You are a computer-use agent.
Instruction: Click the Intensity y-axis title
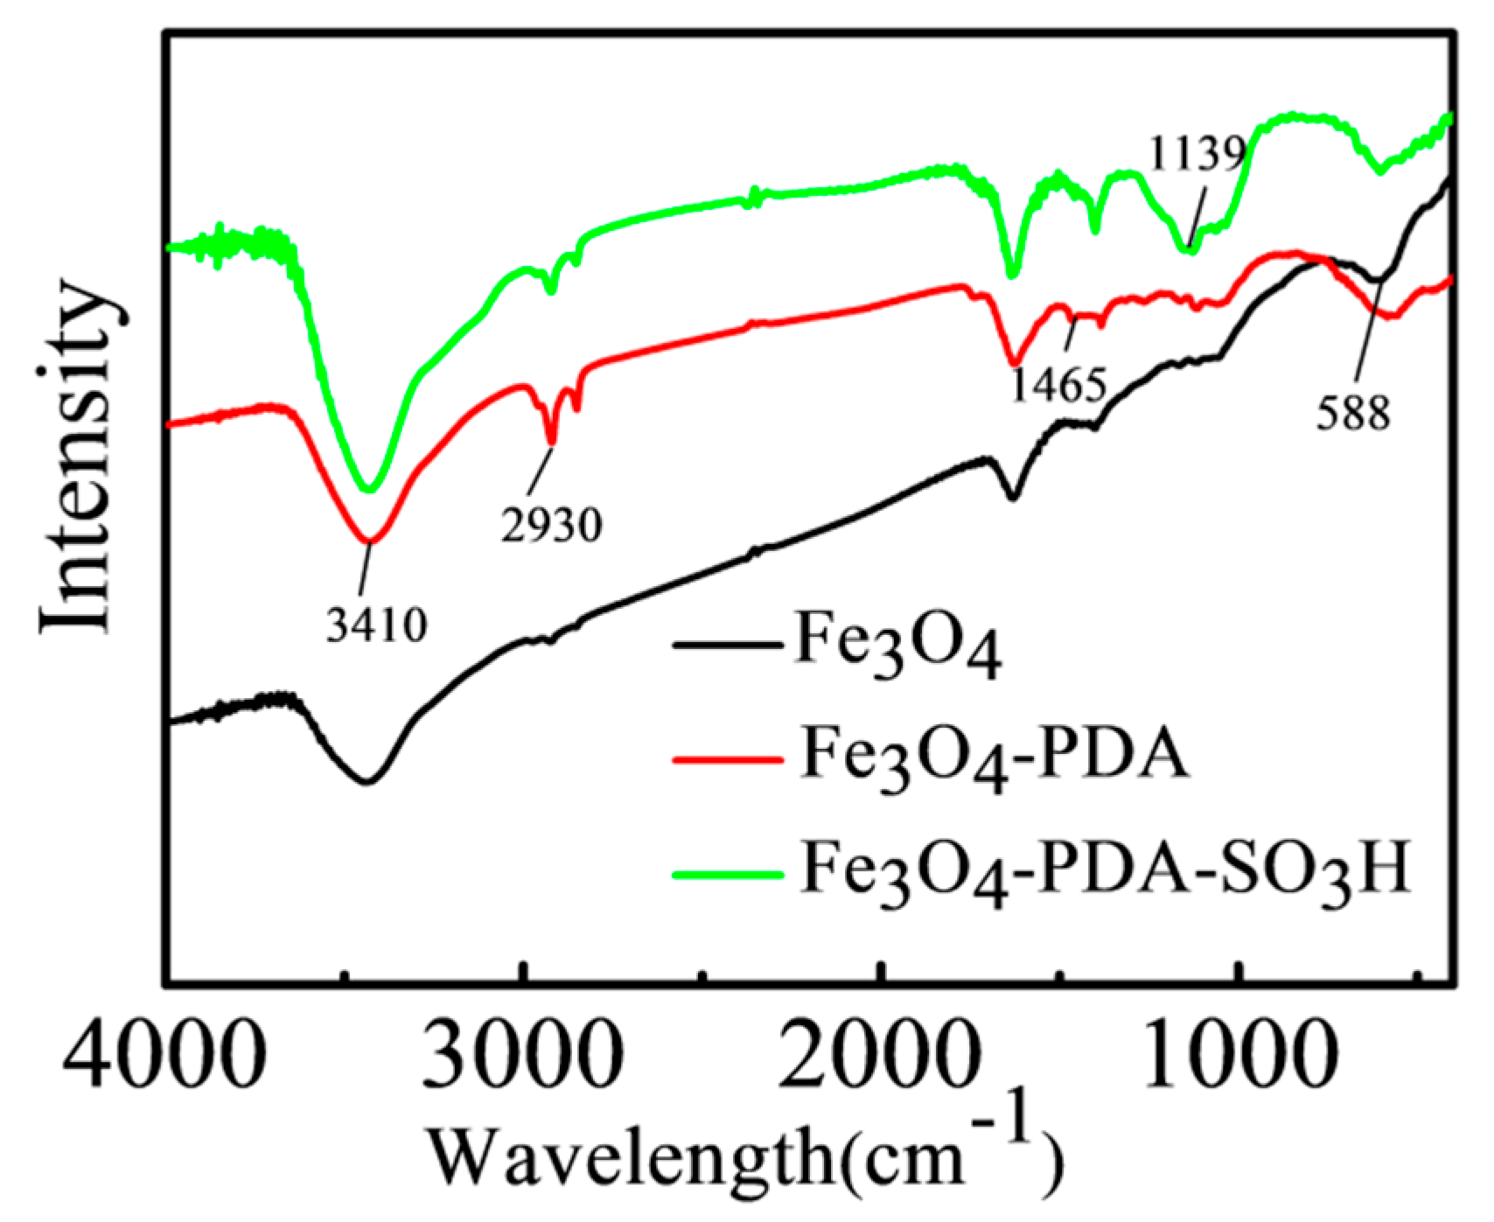(77, 455)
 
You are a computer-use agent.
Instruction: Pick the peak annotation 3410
(377, 626)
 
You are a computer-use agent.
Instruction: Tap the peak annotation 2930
(552, 527)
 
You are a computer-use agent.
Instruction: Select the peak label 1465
(1059, 386)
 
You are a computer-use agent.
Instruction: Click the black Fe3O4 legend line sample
(725, 646)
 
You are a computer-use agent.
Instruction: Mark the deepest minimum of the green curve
(370, 490)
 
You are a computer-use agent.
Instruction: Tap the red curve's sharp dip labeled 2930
(551, 443)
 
